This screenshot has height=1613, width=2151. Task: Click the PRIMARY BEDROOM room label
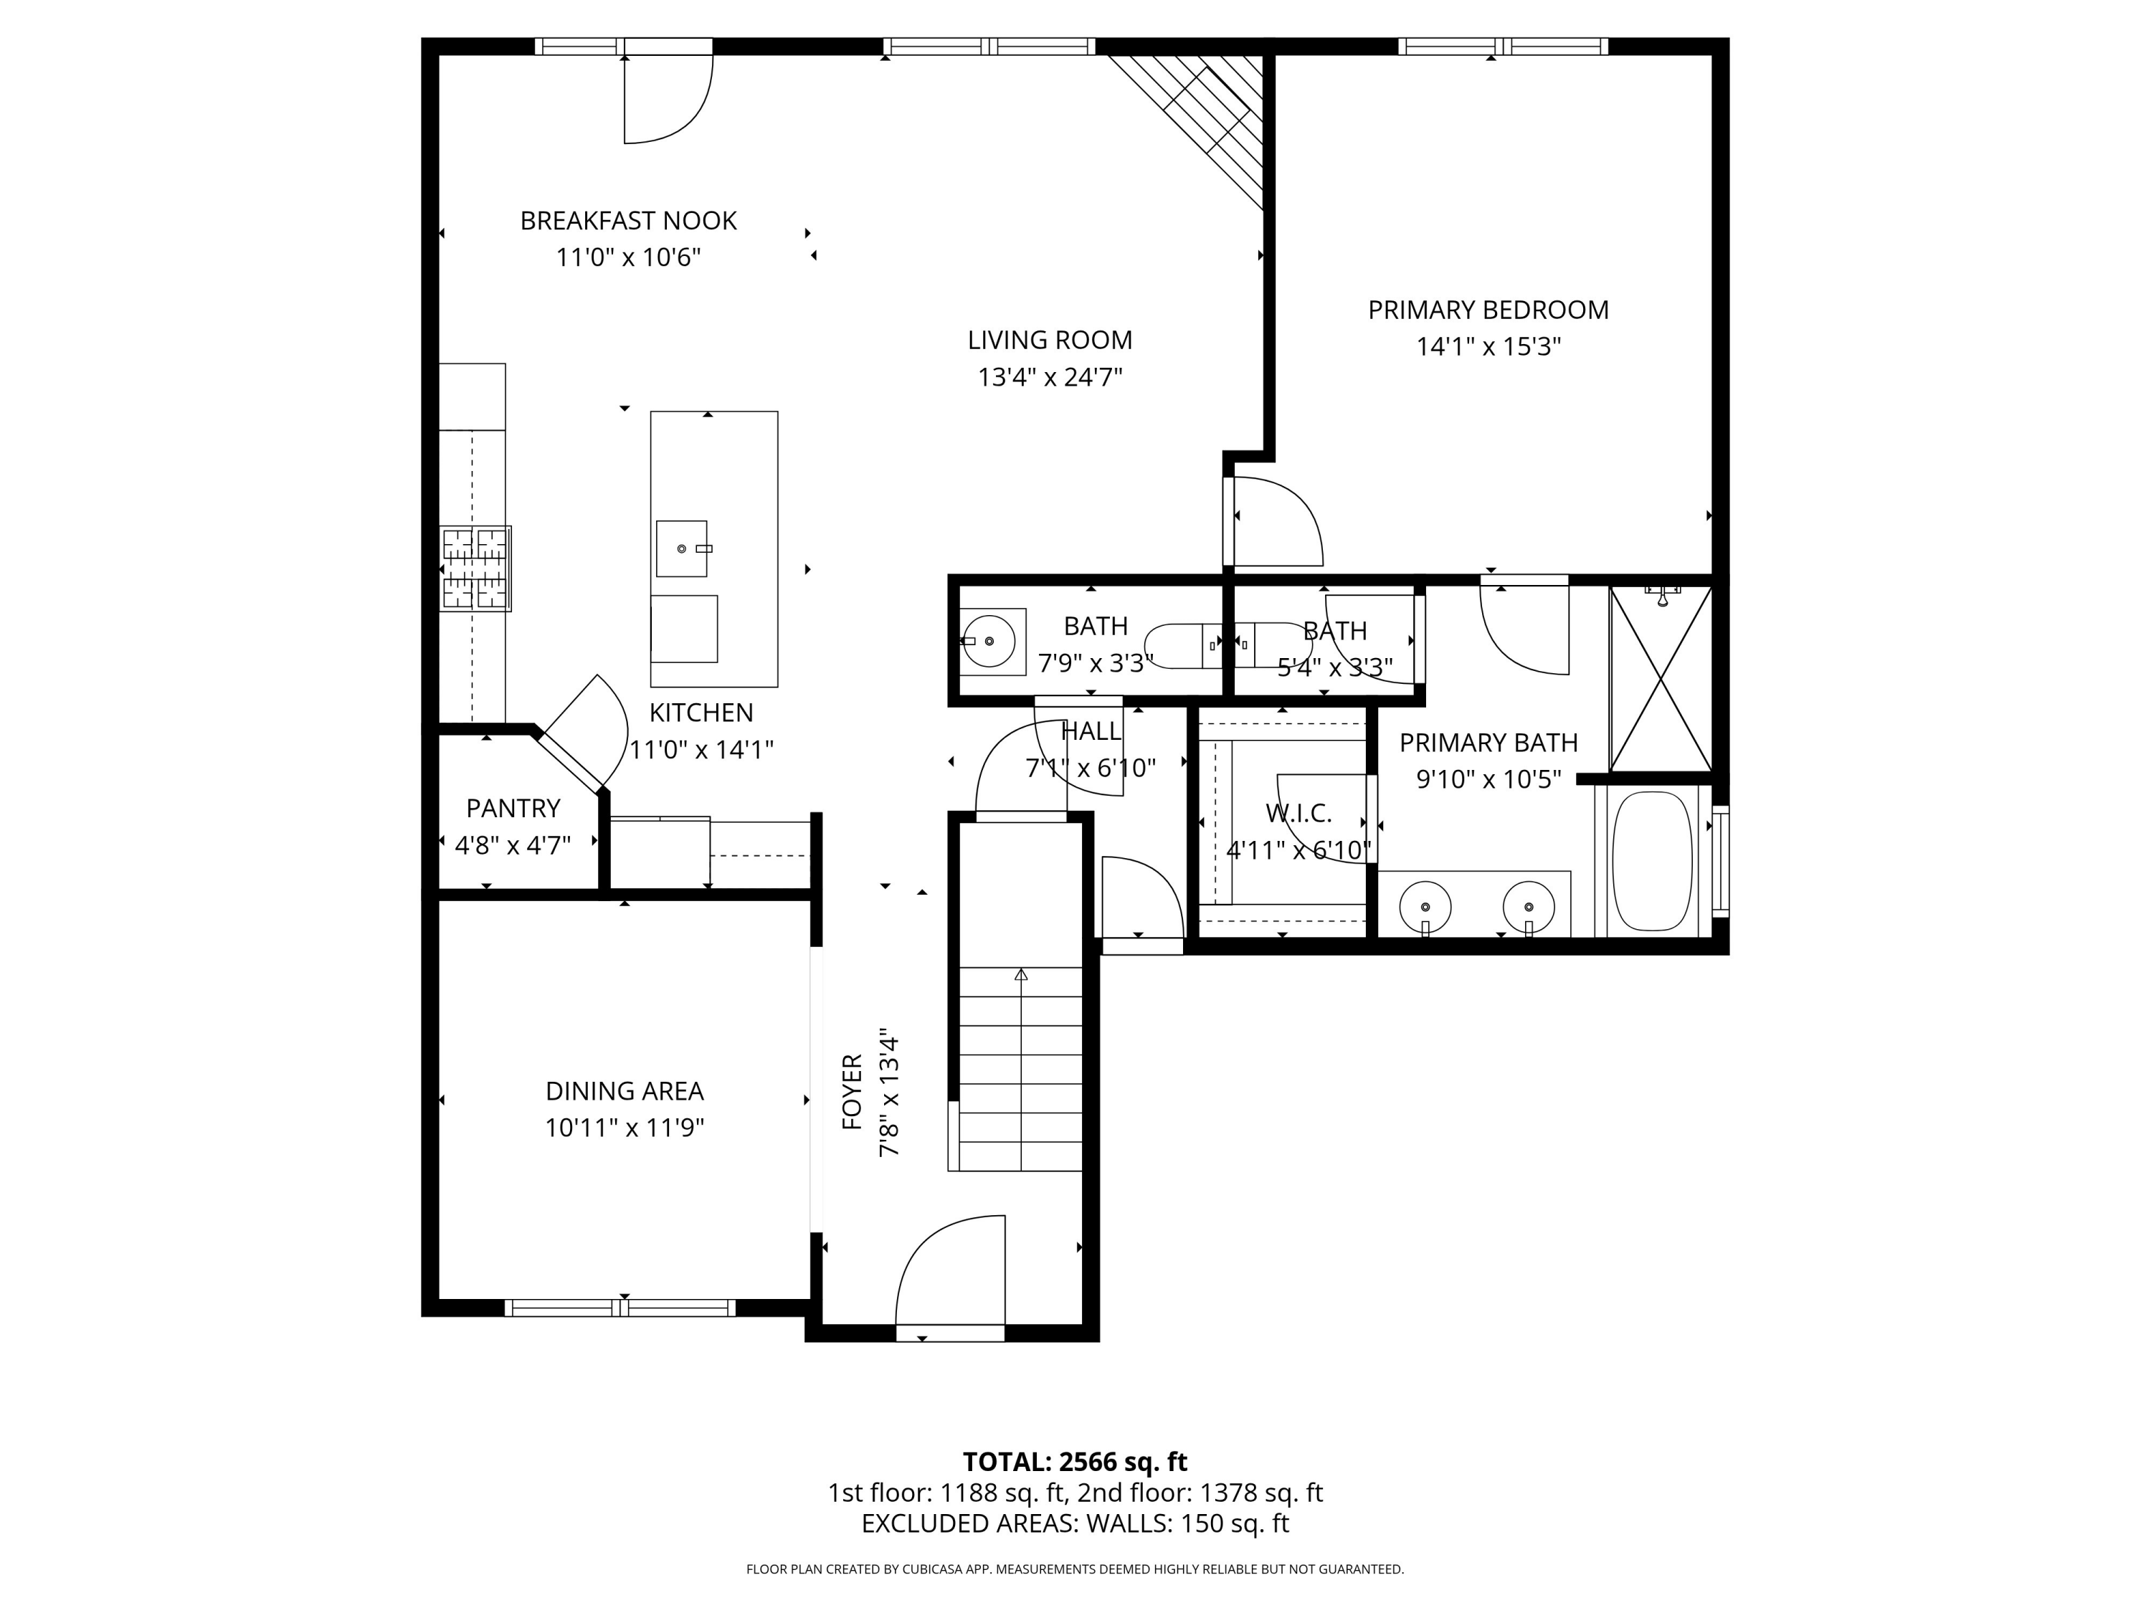point(1488,310)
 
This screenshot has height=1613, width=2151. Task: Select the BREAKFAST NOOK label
point(628,221)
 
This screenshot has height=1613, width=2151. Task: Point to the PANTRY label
point(513,808)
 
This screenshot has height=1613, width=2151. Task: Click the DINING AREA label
point(625,1091)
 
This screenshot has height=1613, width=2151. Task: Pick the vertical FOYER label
point(852,1091)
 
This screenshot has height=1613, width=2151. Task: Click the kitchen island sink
point(682,549)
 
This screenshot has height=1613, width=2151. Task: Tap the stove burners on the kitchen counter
point(475,568)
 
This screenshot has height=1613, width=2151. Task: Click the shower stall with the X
point(1660,679)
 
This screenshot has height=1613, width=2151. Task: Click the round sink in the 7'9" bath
point(989,642)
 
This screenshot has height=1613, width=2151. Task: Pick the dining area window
point(619,1308)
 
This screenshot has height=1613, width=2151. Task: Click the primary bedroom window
point(1502,46)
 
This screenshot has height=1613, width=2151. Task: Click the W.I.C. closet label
point(1298,813)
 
